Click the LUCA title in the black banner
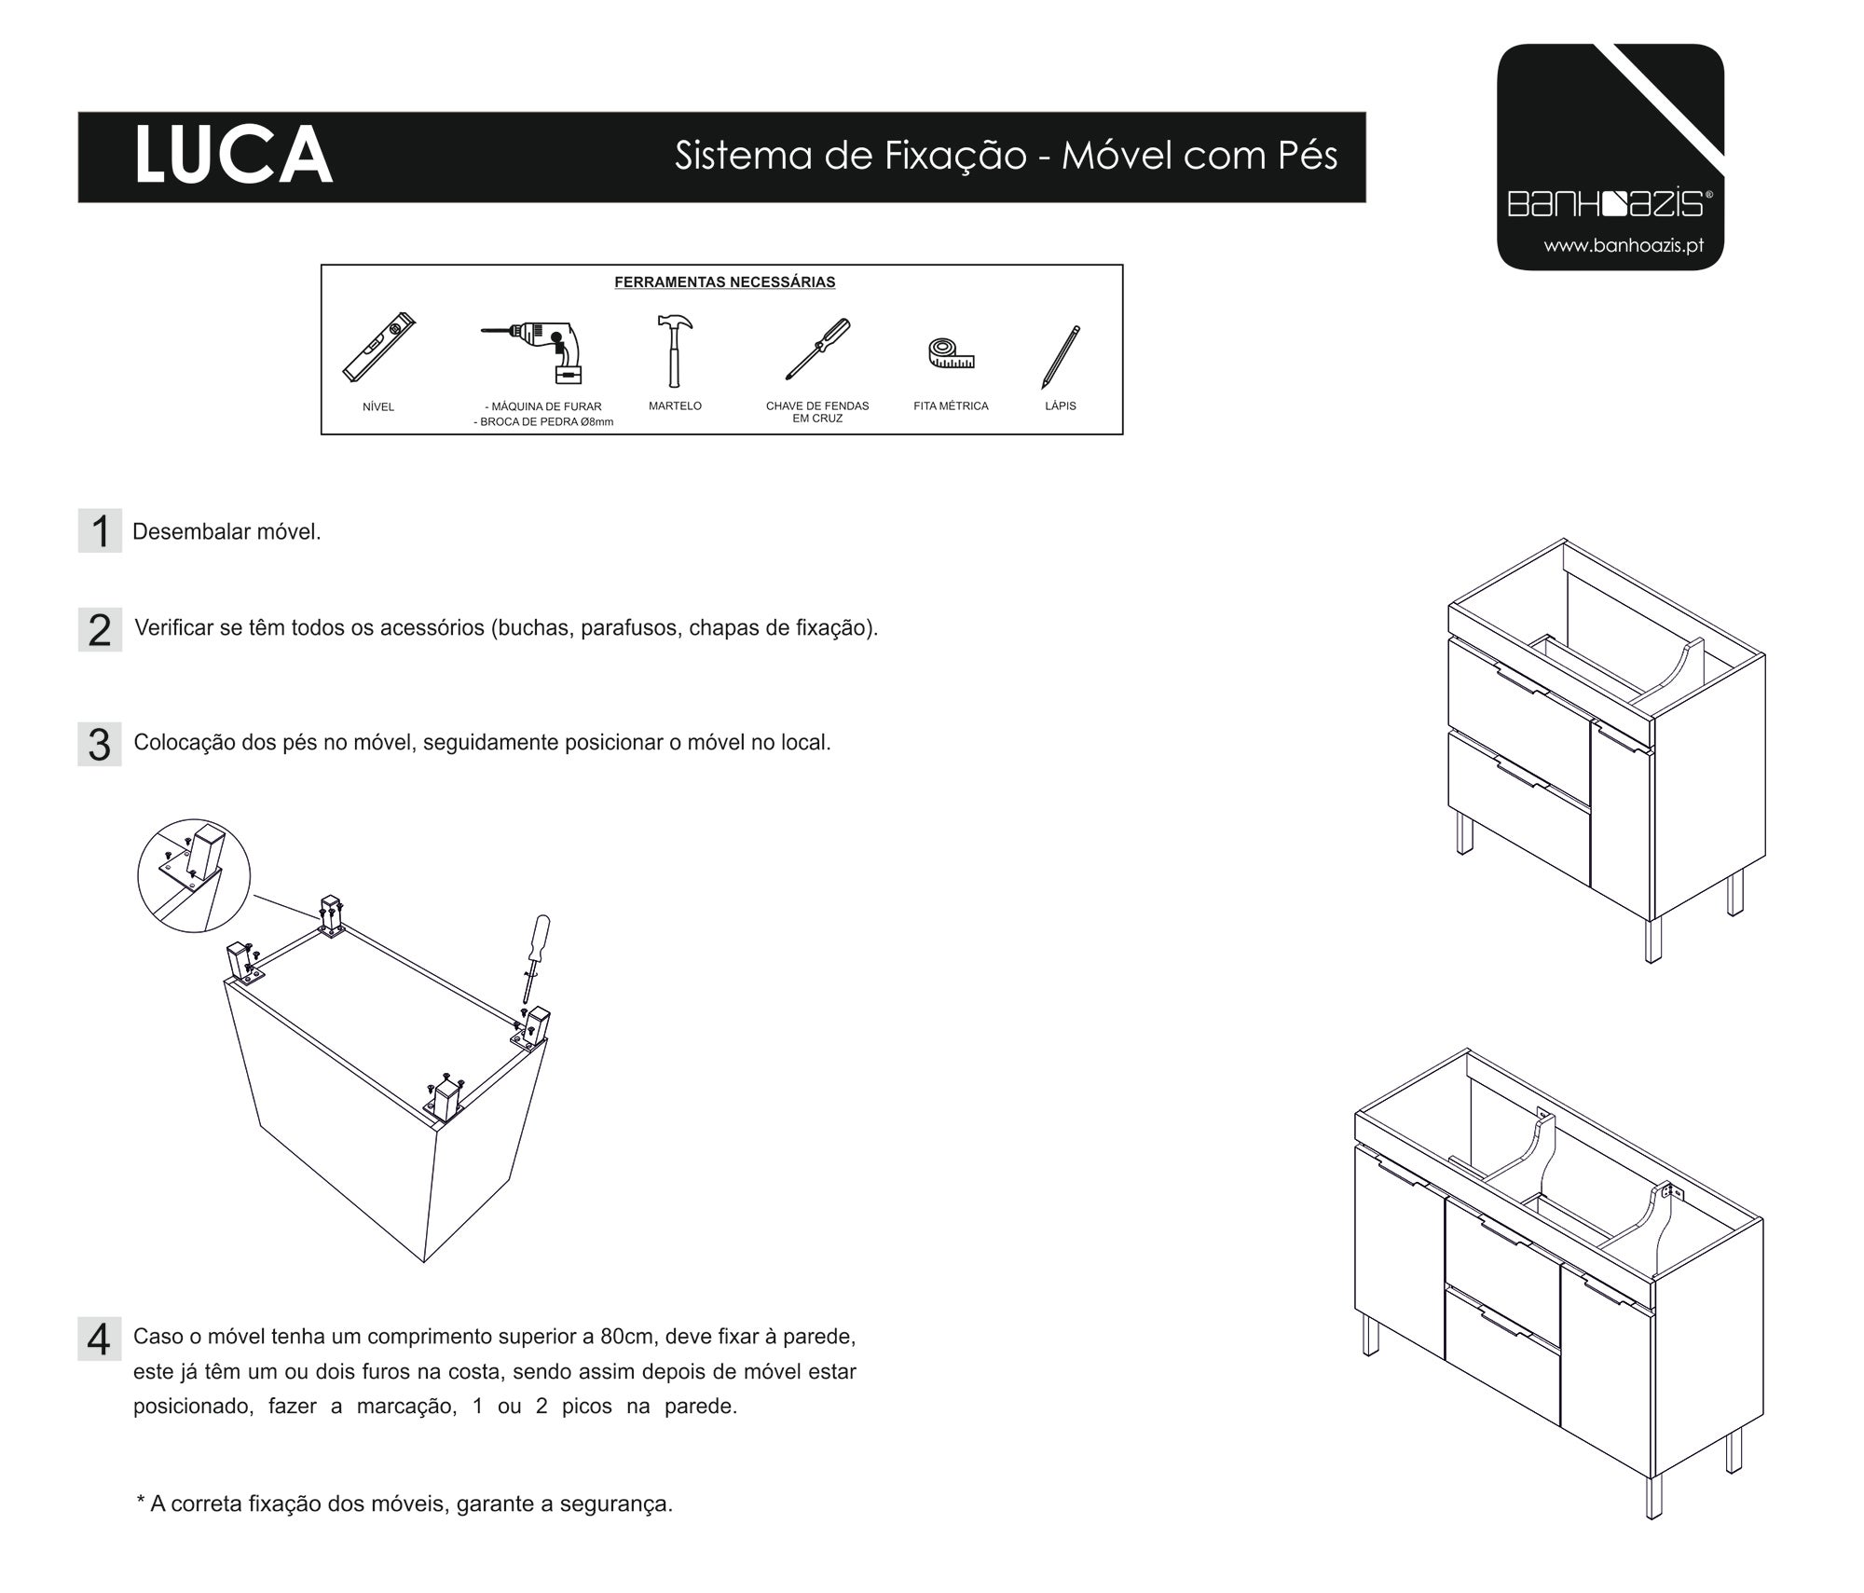(x=233, y=156)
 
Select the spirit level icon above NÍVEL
(x=377, y=348)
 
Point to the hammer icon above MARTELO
(x=673, y=350)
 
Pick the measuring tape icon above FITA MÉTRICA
(x=951, y=353)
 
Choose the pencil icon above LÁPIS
(x=1061, y=356)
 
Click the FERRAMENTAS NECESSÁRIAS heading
(x=724, y=282)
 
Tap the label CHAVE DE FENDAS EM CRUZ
(x=817, y=412)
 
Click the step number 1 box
(x=100, y=531)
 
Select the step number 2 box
(x=100, y=630)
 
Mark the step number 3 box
(x=100, y=745)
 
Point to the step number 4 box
(x=100, y=1339)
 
